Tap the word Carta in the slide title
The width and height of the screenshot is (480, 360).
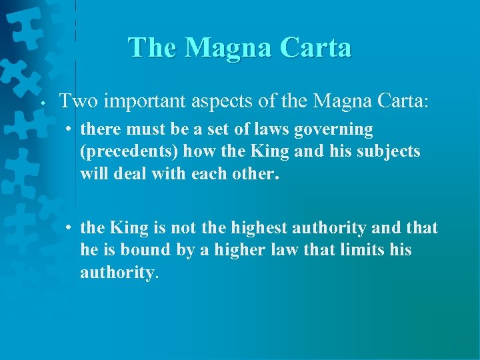click(315, 47)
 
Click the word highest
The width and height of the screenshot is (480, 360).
click(260, 229)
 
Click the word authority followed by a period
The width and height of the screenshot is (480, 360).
click(117, 273)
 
